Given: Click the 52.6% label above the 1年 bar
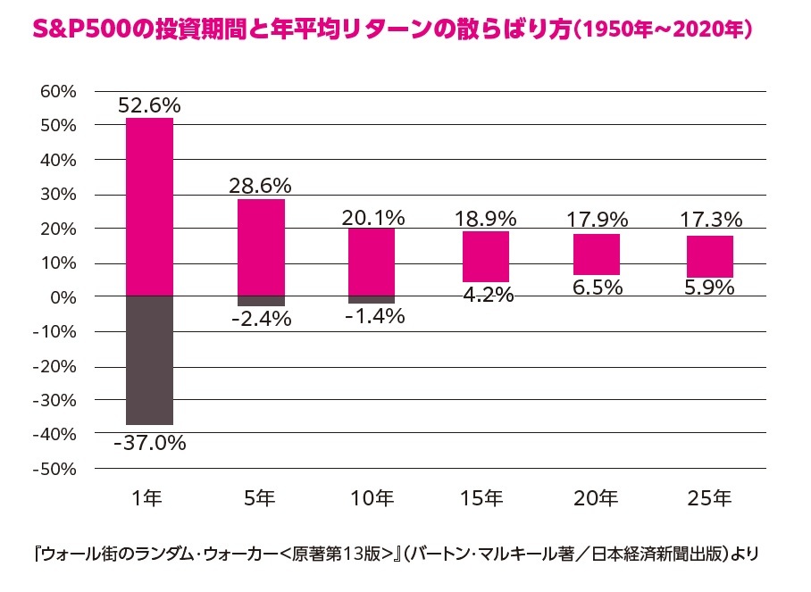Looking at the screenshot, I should (149, 104).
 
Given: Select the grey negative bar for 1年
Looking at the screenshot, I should (149, 360).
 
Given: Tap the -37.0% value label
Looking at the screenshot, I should (149, 442).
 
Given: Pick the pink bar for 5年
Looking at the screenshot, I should (261, 247).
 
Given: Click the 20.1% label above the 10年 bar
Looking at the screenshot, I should (372, 217).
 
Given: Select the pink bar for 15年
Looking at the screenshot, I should (485, 256).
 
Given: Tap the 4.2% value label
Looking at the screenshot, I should (485, 295).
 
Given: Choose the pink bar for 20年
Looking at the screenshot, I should (597, 254).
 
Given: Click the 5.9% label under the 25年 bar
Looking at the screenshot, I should (709, 288).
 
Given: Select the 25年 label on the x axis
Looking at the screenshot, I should (709, 498).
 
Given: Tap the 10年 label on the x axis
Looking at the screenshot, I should (372, 498).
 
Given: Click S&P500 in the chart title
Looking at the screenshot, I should (73, 29).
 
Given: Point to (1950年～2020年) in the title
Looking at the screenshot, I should (665, 29).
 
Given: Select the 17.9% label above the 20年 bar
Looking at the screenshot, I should (597, 219).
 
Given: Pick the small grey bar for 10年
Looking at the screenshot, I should (372, 300).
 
